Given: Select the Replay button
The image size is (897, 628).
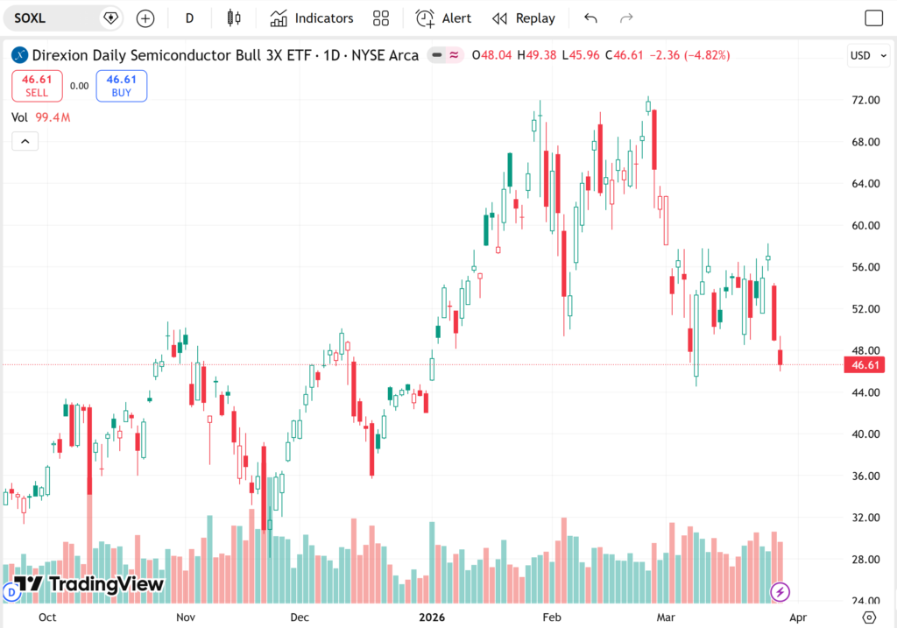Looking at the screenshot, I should (x=524, y=18).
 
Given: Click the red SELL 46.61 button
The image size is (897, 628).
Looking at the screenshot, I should (x=37, y=85).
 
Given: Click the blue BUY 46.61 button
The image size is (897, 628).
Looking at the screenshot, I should (x=122, y=85).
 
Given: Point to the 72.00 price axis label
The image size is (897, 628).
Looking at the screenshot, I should (x=866, y=101).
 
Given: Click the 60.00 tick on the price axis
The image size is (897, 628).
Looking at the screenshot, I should (x=866, y=226).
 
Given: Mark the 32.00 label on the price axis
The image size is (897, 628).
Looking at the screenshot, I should (x=866, y=518).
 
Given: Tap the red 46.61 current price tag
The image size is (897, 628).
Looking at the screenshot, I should (x=863, y=365).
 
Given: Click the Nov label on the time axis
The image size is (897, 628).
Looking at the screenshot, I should (x=185, y=617).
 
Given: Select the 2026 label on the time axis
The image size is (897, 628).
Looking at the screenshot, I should (x=432, y=617).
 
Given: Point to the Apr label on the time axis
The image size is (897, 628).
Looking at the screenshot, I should (x=797, y=617).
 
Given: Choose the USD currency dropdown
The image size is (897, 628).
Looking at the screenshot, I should (x=865, y=55).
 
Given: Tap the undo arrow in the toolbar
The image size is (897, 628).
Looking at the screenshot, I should (x=590, y=18).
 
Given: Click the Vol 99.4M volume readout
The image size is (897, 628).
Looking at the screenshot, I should (x=41, y=117).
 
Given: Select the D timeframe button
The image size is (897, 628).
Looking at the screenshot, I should (x=189, y=18).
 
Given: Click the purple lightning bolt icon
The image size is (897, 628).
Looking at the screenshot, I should (x=780, y=592).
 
